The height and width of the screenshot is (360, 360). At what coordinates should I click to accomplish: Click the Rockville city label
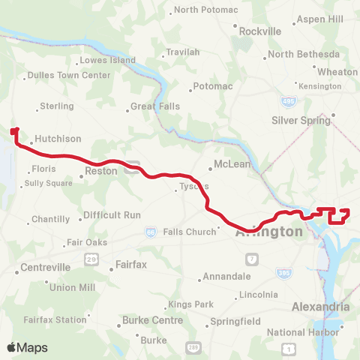[259, 31]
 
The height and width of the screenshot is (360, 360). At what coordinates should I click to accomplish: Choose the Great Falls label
[155, 106]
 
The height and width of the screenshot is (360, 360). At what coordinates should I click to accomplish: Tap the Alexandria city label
[319, 307]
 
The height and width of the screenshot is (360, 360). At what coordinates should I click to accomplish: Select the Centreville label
[45, 267]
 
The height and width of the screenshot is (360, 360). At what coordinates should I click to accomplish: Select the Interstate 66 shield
[151, 233]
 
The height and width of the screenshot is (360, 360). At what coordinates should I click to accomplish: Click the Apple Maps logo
[27, 347]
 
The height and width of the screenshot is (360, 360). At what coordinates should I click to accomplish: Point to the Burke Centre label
[152, 321]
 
